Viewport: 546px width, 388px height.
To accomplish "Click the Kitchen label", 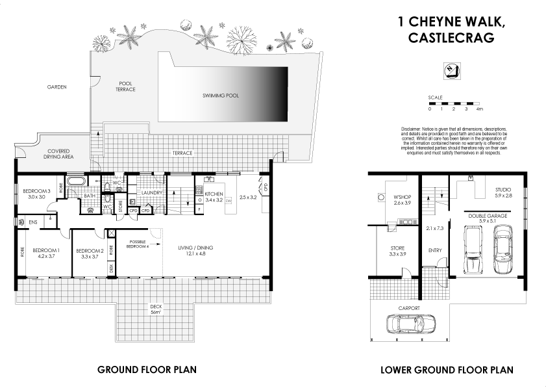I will [x=214, y=194].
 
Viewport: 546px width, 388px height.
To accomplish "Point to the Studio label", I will [x=503, y=189].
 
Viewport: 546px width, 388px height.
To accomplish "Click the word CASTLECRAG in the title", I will [x=452, y=38].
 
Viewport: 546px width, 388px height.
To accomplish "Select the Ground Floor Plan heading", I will [x=147, y=370].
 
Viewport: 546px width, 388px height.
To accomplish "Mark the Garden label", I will [x=56, y=86].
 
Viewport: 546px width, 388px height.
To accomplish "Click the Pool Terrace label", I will [x=125, y=86].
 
